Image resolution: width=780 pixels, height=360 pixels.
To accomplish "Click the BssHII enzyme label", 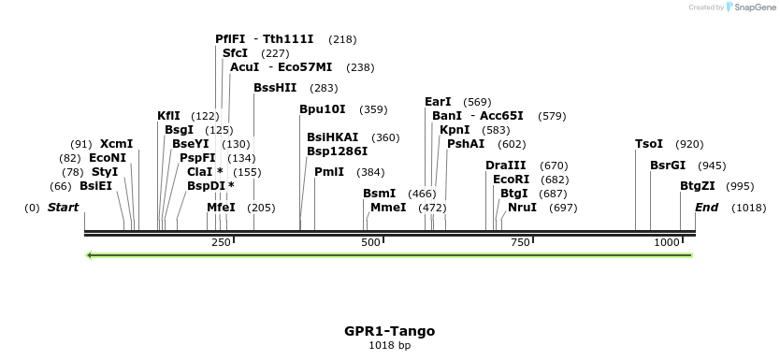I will pyautogui.click(x=275, y=88).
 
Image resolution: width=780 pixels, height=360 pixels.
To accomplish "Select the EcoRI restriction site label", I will pyautogui.click(x=511, y=180).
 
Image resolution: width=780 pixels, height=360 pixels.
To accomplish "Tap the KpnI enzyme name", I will pyautogui.click(x=455, y=130).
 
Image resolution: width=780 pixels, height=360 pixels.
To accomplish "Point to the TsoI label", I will pyautogui.click(x=649, y=144).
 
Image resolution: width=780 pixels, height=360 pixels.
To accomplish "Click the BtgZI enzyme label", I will pyautogui.click(x=698, y=186).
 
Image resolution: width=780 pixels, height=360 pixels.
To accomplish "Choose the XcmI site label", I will pyautogui.click(x=117, y=144).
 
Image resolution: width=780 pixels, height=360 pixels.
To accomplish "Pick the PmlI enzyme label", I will pyautogui.click(x=329, y=172).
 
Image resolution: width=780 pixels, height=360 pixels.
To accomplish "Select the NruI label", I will pyautogui.click(x=522, y=208).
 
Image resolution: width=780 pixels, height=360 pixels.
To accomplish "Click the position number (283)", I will pyautogui.click(x=324, y=88).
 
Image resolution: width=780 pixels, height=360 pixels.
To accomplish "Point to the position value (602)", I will pyautogui.click(x=512, y=144).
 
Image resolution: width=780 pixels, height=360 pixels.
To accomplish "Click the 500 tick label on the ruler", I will pyautogui.click(x=370, y=243).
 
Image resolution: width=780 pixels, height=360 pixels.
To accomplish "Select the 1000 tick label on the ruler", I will pyautogui.click(x=667, y=243).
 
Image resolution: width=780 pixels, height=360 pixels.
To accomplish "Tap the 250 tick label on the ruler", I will pyautogui.click(x=221, y=243).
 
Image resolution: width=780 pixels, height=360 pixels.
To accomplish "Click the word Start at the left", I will pyautogui.click(x=63, y=208).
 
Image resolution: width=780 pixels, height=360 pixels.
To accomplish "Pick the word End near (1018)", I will pyautogui.click(x=706, y=208).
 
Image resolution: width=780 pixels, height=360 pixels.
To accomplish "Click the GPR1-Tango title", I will pyautogui.click(x=389, y=331).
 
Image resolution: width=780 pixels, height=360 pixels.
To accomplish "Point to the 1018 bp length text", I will pyautogui.click(x=389, y=346).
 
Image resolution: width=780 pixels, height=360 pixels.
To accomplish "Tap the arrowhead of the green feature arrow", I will pyautogui.click(x=89, y=254).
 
